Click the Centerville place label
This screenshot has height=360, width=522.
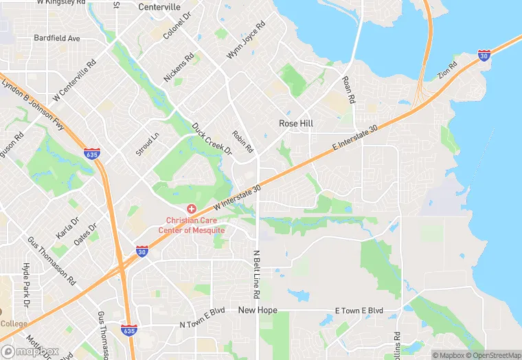click(159, 7)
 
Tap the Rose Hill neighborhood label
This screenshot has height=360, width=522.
click(296, 123)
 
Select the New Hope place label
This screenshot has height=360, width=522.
click(258, 311)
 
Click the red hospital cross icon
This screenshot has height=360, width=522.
click(192, 208)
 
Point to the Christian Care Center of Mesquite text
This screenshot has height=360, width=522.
click(192, 225)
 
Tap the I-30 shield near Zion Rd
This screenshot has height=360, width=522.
click(484, 54)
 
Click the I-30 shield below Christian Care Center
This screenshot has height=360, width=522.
click(141, 251)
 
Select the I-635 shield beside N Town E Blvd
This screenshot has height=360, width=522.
click(128, 330)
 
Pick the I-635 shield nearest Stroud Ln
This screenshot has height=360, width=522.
click(91, 155)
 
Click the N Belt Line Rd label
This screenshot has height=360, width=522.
click(256, 274)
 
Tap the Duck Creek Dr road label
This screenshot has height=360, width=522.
click(212, 139)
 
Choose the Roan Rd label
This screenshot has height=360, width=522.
click(349, 90)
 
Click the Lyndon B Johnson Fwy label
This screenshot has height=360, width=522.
click(32, 103)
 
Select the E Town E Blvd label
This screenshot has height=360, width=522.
click(358, 311)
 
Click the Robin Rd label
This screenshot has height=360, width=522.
click(243, 142)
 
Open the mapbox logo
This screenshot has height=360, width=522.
click(31, 350)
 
